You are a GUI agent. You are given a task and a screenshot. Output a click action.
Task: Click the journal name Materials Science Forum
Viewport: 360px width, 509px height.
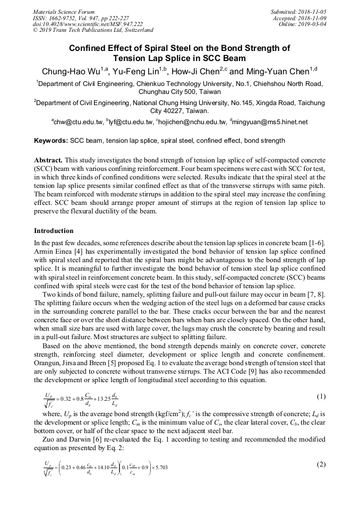64,11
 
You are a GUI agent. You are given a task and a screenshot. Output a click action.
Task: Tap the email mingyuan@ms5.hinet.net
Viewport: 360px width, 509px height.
270,122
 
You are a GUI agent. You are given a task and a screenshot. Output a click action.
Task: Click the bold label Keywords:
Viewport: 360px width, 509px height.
50,141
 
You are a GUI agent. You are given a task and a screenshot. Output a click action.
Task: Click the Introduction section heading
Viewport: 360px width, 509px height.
54,231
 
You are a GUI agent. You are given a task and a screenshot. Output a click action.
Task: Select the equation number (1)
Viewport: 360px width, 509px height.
321,397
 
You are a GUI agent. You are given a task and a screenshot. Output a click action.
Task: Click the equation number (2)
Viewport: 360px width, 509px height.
321,464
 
